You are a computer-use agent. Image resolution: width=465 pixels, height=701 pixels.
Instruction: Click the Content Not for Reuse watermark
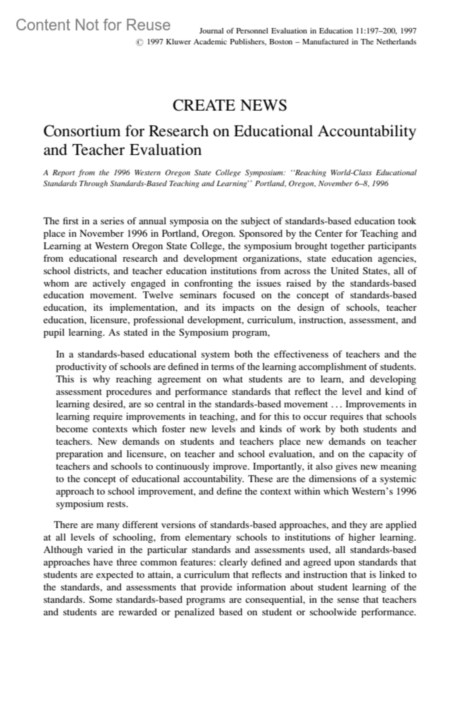click(93, 25)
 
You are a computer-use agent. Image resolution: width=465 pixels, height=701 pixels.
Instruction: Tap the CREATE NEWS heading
click(229, 106)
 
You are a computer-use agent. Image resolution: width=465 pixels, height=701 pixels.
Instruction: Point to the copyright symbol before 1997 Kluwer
click(139, 42)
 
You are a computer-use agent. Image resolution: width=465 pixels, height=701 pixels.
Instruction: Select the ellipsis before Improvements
click(336, 405)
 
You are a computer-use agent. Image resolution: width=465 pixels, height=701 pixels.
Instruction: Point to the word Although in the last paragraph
click(63, 550)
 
